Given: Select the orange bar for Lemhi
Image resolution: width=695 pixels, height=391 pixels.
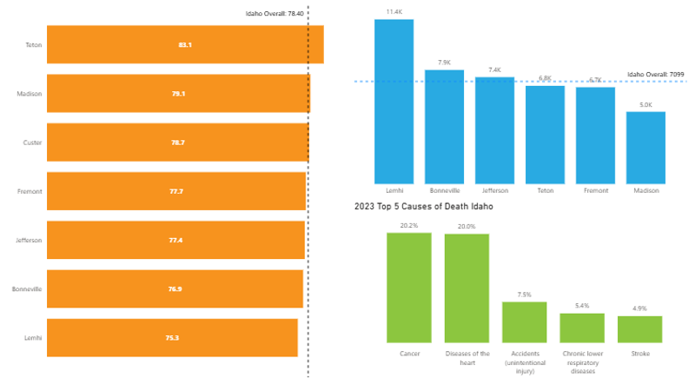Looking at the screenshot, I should (172, 337).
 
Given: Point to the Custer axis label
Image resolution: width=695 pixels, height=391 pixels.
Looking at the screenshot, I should (32, 142).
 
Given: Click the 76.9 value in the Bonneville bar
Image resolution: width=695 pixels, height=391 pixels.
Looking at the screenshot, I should (175, 288).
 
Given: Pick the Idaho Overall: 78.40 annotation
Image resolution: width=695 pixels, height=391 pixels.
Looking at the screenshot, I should (275, 14).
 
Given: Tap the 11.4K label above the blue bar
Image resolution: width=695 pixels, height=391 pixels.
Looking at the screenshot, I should (394, 12).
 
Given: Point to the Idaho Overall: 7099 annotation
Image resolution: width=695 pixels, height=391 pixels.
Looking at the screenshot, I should (656, 75).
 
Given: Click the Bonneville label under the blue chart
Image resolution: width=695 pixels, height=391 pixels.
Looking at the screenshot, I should (444, 190).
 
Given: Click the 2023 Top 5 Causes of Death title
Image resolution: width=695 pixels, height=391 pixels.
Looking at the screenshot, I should (423, 207).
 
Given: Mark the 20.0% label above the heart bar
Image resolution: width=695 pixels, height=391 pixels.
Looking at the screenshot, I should (467, 227).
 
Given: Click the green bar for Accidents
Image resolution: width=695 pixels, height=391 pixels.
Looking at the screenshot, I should (525, 321).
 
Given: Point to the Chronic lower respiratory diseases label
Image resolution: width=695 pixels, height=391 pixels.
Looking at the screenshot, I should (582, 362).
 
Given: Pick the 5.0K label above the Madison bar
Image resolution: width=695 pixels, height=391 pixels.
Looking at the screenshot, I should (645, 104).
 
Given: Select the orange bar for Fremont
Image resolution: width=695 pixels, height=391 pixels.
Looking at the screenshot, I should (176, 190).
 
